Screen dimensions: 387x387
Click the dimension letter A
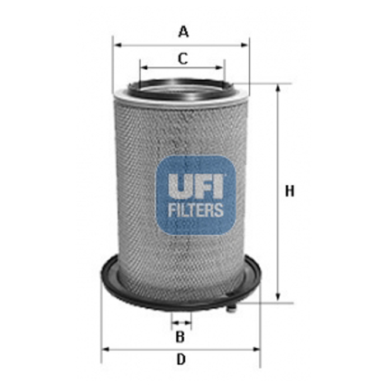click(x=184, y=31)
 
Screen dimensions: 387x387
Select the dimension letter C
click(x=182, y=58)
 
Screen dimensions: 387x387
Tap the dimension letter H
click(x=288, y=191)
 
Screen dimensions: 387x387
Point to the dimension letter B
click(x=181, y=337)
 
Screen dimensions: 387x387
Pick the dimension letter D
click(x=181, y=359)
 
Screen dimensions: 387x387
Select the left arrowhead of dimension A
click(x=116, y=44)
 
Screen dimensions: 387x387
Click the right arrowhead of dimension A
click(x=246, y=44)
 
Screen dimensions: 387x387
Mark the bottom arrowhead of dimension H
click(x=278, y=299)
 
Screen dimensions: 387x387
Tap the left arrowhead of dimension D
click(x=105, y=348)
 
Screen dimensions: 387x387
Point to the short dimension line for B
click(x=181, y=322)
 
